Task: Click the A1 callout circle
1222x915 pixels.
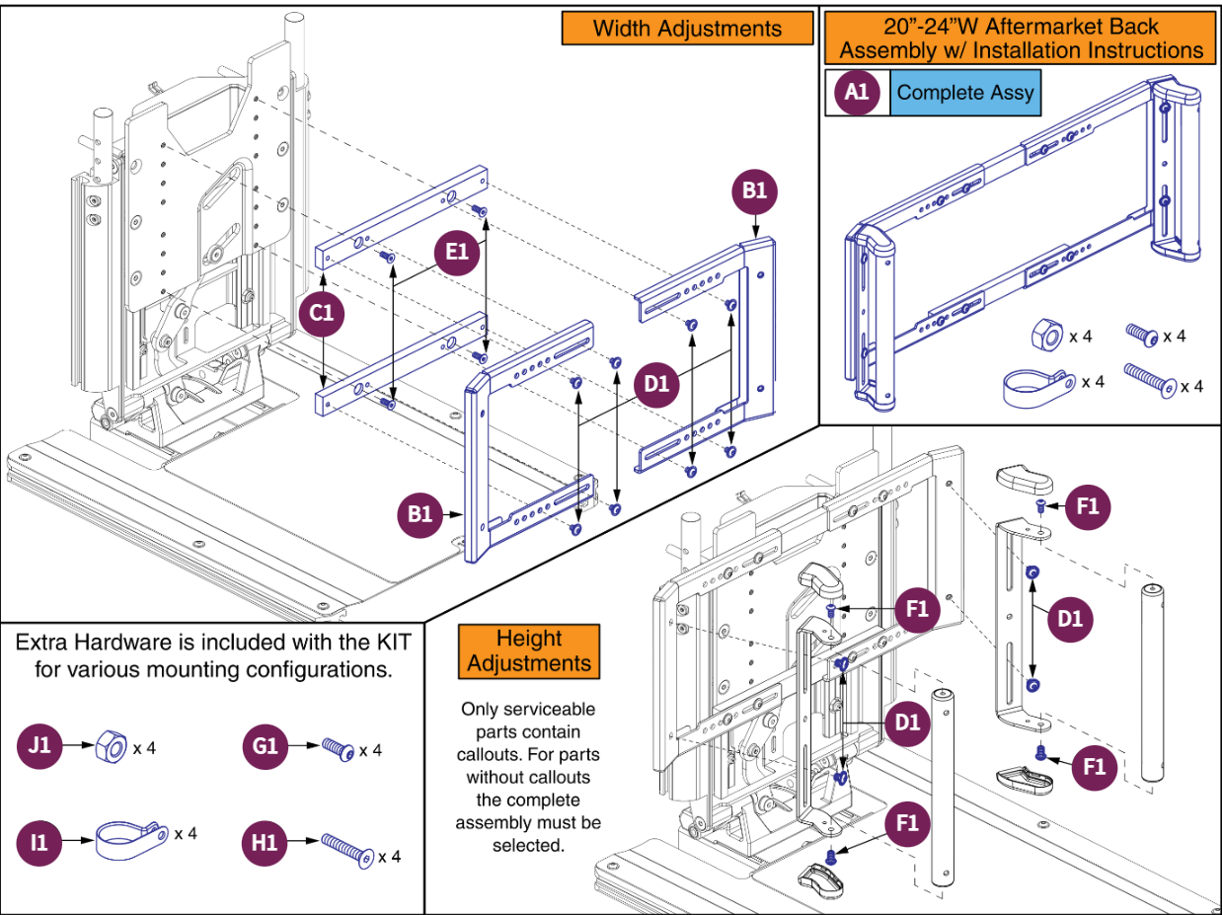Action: pos(857,93)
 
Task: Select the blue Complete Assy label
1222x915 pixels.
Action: pos(965,93)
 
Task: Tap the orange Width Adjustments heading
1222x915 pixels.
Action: pos(687,29)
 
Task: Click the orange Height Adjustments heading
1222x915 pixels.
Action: pos(529,650)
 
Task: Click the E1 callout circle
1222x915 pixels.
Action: pos(457,253)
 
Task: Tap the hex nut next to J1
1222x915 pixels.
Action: pos(109,748)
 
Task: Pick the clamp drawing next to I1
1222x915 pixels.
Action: pos(128,840)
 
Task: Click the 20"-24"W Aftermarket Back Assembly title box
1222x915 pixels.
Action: pos(1022,38)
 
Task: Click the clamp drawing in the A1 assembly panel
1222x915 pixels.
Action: pos(1036,386)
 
